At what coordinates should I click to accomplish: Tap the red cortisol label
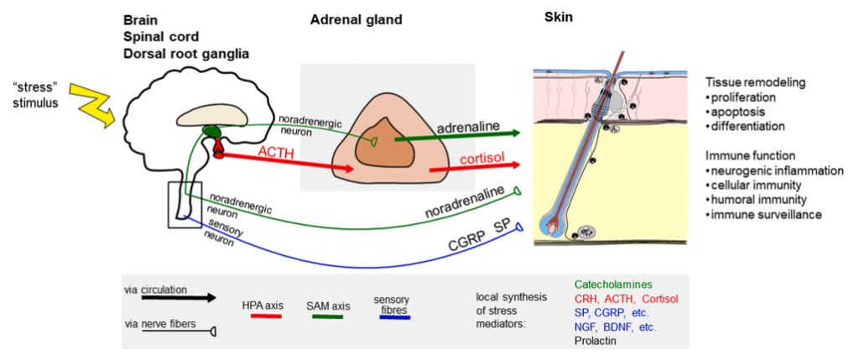(484, 159)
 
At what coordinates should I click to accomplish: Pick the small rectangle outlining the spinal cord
(185, 204)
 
